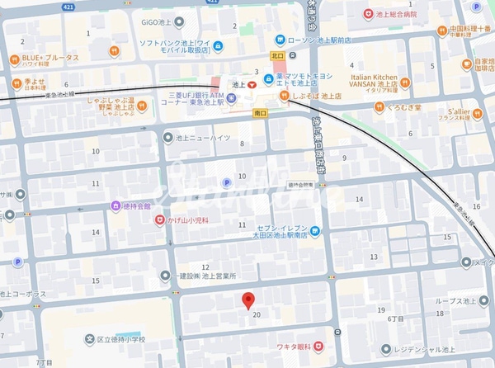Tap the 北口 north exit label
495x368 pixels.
(276, 56)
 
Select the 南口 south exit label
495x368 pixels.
(260, 112)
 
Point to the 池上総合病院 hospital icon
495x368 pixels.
(368, 13)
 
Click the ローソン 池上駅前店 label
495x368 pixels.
(318, 39)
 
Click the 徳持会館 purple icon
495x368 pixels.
(115, 205)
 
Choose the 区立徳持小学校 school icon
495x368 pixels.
(88, 338)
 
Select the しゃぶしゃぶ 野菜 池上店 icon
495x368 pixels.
(142, 105)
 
